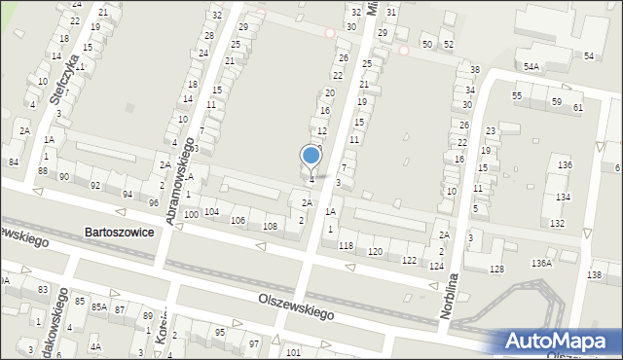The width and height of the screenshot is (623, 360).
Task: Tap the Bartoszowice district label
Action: click(x=119, y=233)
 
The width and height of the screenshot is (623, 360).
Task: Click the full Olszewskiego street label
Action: click(x=297, y=307)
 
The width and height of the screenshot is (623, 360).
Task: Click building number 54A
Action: click(x=531, y=66)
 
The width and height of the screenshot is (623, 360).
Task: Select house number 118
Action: click(x=346, y=246)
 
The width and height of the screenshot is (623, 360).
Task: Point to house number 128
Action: click(x=497, y=269)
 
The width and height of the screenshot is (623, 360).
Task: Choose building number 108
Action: click(x=270, y=226)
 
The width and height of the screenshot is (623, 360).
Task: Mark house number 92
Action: click(x=95, y=185)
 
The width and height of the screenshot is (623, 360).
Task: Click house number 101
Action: click(x=294, y=351)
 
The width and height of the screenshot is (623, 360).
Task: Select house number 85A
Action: click(x=99, y=306)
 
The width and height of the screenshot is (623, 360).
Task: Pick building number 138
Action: click(x=595, y=275)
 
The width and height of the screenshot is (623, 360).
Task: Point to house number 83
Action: click(x=43, y=290)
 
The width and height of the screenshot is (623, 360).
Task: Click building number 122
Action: click(x=410, y=260)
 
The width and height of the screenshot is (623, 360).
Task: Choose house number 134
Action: click(x=562, y=198)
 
